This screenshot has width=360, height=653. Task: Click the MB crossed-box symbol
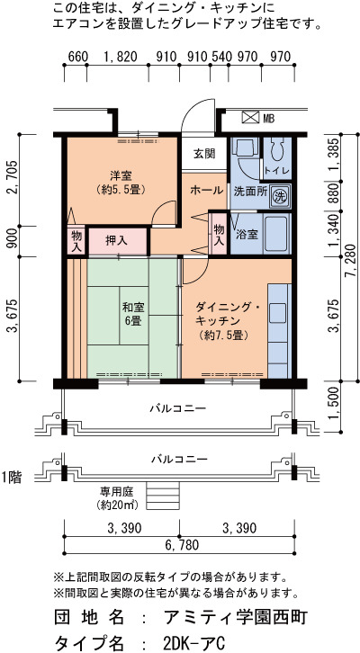click(x=251, y=117)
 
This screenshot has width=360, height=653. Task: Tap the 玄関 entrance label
click(x=203, y=153)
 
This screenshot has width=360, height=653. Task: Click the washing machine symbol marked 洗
click(x=279, y=196)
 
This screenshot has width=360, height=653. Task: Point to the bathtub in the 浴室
click(x=275, y=234)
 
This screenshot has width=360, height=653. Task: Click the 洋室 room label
click(x=121, y=174)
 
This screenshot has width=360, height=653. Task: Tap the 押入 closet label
click(x=117, y=241)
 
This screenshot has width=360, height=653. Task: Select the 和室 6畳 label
click(x=132, y=314)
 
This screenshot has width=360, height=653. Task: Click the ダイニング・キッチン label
click(x=228, y=315)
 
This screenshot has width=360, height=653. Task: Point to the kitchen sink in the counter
click(x=278, y=313)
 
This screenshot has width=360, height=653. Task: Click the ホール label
click(x=206, y=191)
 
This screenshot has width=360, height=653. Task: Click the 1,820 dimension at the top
click(x=121, y=57)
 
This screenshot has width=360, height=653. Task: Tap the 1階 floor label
click(x=11, y=478)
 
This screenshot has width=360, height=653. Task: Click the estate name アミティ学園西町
click(x=236, y=618)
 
